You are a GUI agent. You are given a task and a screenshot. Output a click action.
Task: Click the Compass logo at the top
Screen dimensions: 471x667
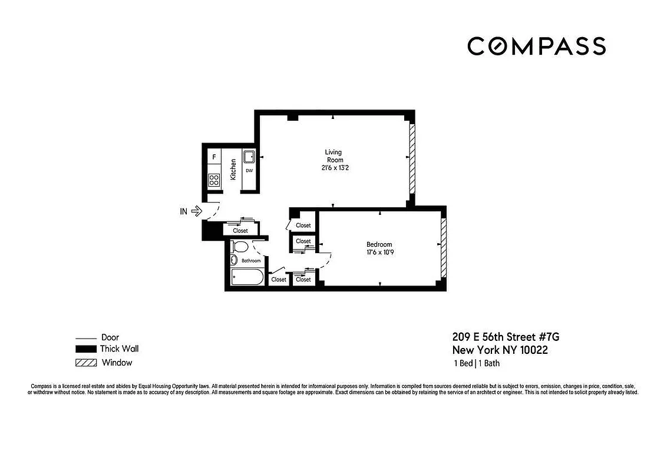(x=536, y=46)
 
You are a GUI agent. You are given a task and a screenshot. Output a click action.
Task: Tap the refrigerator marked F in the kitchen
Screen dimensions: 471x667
(x=214, y=158)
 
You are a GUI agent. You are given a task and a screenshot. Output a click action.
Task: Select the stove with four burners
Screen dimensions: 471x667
(x=214, y=180)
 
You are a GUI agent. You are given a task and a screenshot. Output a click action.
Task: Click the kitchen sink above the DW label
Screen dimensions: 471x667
(x=249, y=157)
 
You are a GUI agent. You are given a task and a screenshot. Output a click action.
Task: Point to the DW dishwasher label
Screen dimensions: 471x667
(x=249, y=171)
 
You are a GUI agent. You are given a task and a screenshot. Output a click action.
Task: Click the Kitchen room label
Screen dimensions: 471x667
(x=233, y=169)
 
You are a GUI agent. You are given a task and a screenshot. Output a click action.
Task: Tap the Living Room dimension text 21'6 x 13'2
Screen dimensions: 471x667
(x=334, y=168)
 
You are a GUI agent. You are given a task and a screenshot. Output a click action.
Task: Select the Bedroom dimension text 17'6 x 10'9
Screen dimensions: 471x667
(x=379, y=254)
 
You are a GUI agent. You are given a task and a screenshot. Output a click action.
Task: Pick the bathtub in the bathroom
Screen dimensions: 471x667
(x=246, y=277)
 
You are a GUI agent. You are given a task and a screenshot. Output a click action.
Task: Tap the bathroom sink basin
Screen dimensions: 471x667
(x=233, y=261)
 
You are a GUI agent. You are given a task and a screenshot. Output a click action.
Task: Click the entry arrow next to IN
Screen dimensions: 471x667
(x=197, y=210)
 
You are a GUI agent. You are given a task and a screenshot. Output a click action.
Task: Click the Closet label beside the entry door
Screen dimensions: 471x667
(x=240, y=231)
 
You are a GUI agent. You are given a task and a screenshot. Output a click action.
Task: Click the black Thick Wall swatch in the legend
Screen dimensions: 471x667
(x=85, y=350)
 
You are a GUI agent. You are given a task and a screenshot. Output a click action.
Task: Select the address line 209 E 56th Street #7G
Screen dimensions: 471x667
(x=505, y=337)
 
